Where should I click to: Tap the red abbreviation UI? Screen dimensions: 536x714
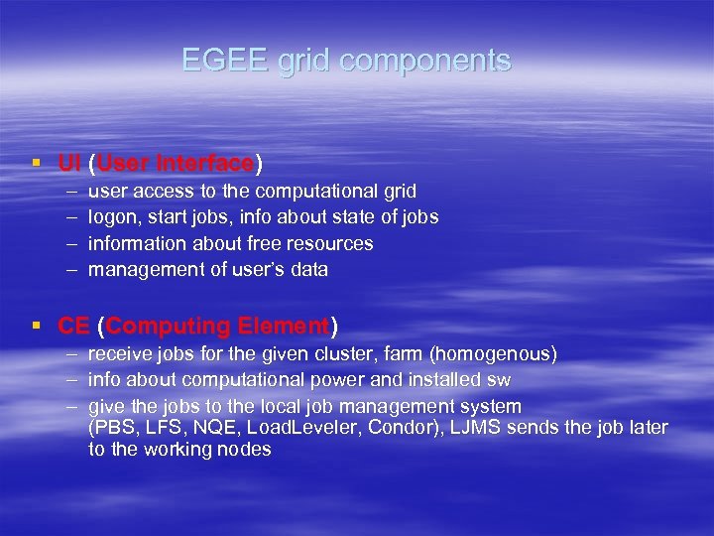(68, 163)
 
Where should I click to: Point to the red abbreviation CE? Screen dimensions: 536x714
(73, 326)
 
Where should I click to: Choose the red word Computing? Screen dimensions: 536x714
(168, 326)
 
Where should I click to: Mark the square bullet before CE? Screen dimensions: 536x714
(36, 326)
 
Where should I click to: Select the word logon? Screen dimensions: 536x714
(111, 217)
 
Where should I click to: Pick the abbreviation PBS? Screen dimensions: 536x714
(115, 429)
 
